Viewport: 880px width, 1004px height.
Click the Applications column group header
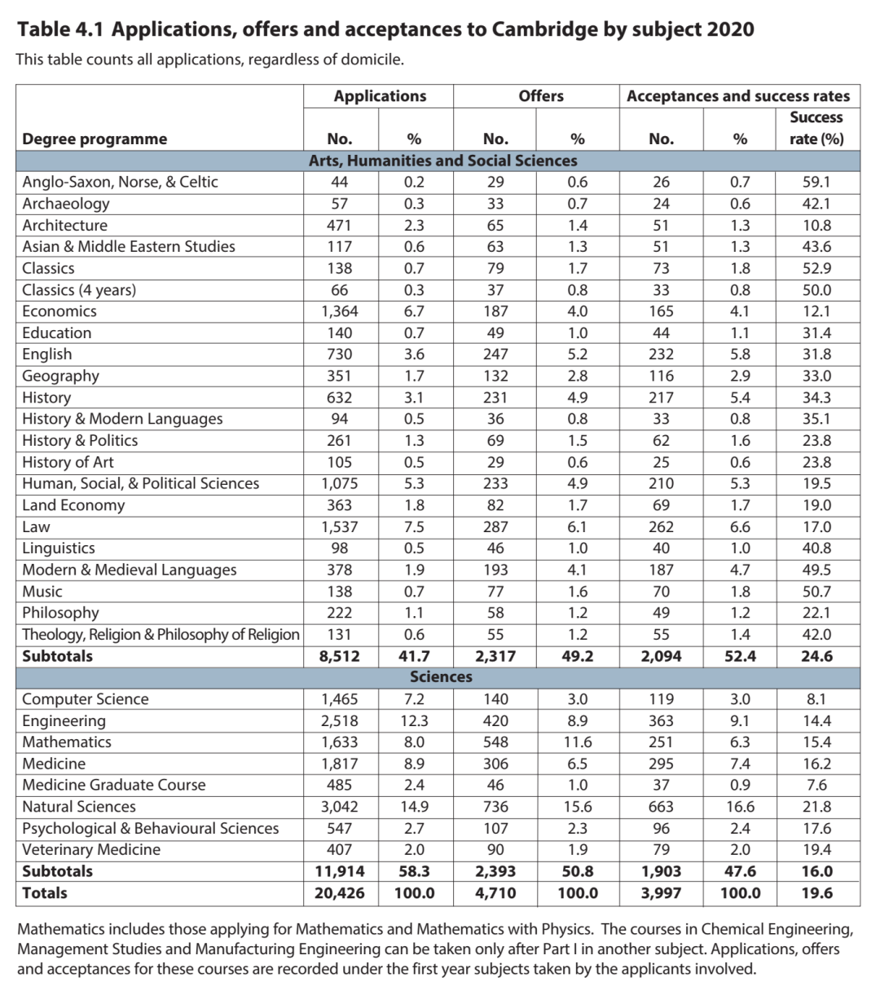click(x=380, y=96)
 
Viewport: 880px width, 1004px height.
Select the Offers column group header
click(x=541, y=96)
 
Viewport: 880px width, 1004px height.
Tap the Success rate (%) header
click(x=816, y=128)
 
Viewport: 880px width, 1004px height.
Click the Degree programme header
click(x=95, y=139)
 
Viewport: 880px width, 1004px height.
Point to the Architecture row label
click(x=64, y=225)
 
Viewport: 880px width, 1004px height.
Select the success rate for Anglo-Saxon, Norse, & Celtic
click(x=816, y=182)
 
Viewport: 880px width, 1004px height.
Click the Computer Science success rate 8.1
click(x=816, y=699)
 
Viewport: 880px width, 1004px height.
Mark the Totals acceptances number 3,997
click(x=661, y=893)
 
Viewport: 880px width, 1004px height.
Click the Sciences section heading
click(x=441, y=677)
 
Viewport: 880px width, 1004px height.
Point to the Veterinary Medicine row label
click(x=91, y=850)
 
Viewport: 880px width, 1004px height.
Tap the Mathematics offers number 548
click(x=495, y=742)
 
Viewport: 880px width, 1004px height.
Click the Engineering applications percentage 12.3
click(x=413, y=721)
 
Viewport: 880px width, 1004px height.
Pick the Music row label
click(x=42, y=592)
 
